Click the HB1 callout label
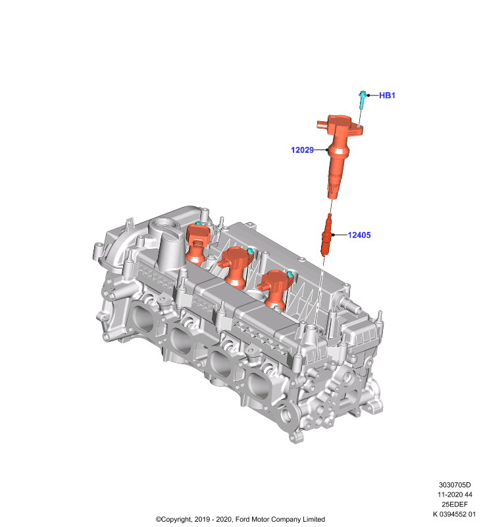pyautogui.click(x=387, y=96)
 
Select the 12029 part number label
pyautogui.click(x=302, y=150)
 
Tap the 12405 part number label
pyautogui.click(x=359, y=235)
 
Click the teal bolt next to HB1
pyautogui.click(x=362, y=100)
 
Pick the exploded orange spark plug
pyautogui.click(x=326, y=235)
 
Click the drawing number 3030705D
pyautogui.click(x=455, y=485)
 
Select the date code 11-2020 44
pyautogui.click(x=455, y=495)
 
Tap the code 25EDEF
pyautogui.click(x=455, y=505)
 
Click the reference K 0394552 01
pyautogui.click(x=454, y=514)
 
